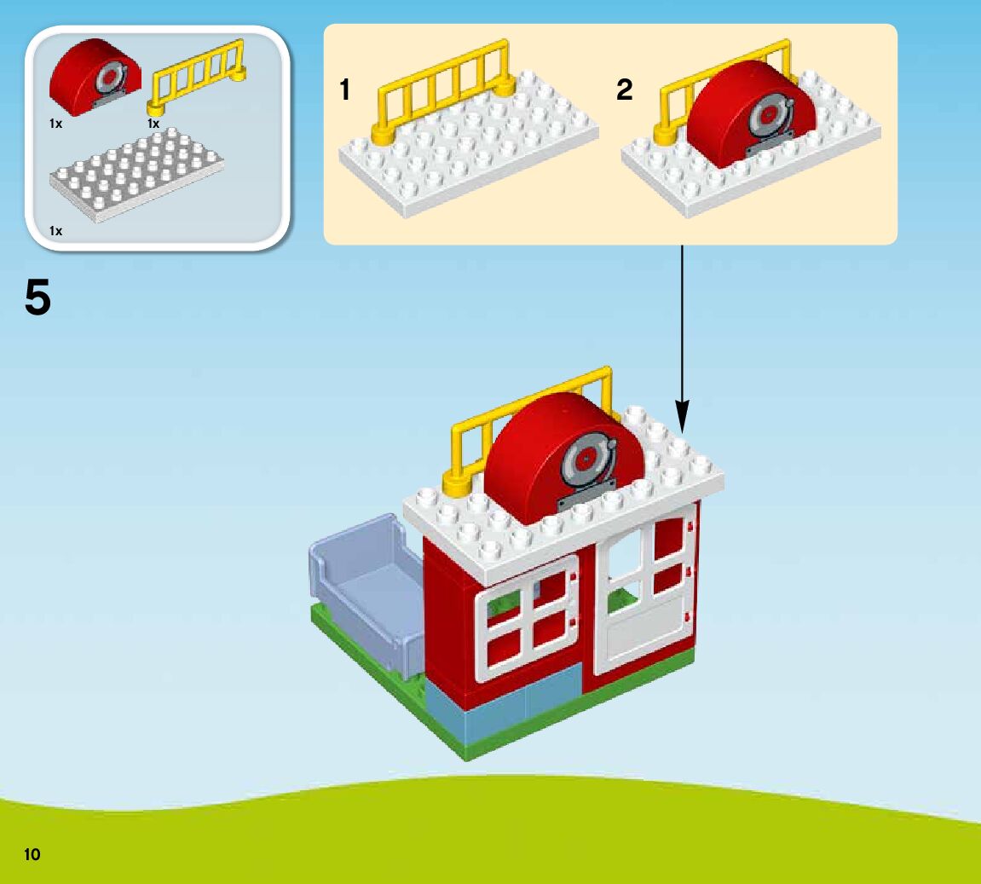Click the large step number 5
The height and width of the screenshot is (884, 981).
tap(38, 298)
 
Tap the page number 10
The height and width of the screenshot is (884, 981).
tap(32, 853)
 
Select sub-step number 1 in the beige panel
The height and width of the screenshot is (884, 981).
tap(345, 90)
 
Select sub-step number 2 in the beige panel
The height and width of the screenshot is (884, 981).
tap(625, 90)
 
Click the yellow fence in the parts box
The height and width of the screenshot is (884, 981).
tap(197, 76)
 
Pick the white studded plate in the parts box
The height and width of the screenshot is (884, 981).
tap(137, 174)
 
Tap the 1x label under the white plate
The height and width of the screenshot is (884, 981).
tap(56, 231)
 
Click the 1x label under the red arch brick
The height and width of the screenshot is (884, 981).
tap(56, 124)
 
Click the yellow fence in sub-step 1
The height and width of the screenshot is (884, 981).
tap(444, 90)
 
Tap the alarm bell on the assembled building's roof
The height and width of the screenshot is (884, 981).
tap(586, 465)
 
